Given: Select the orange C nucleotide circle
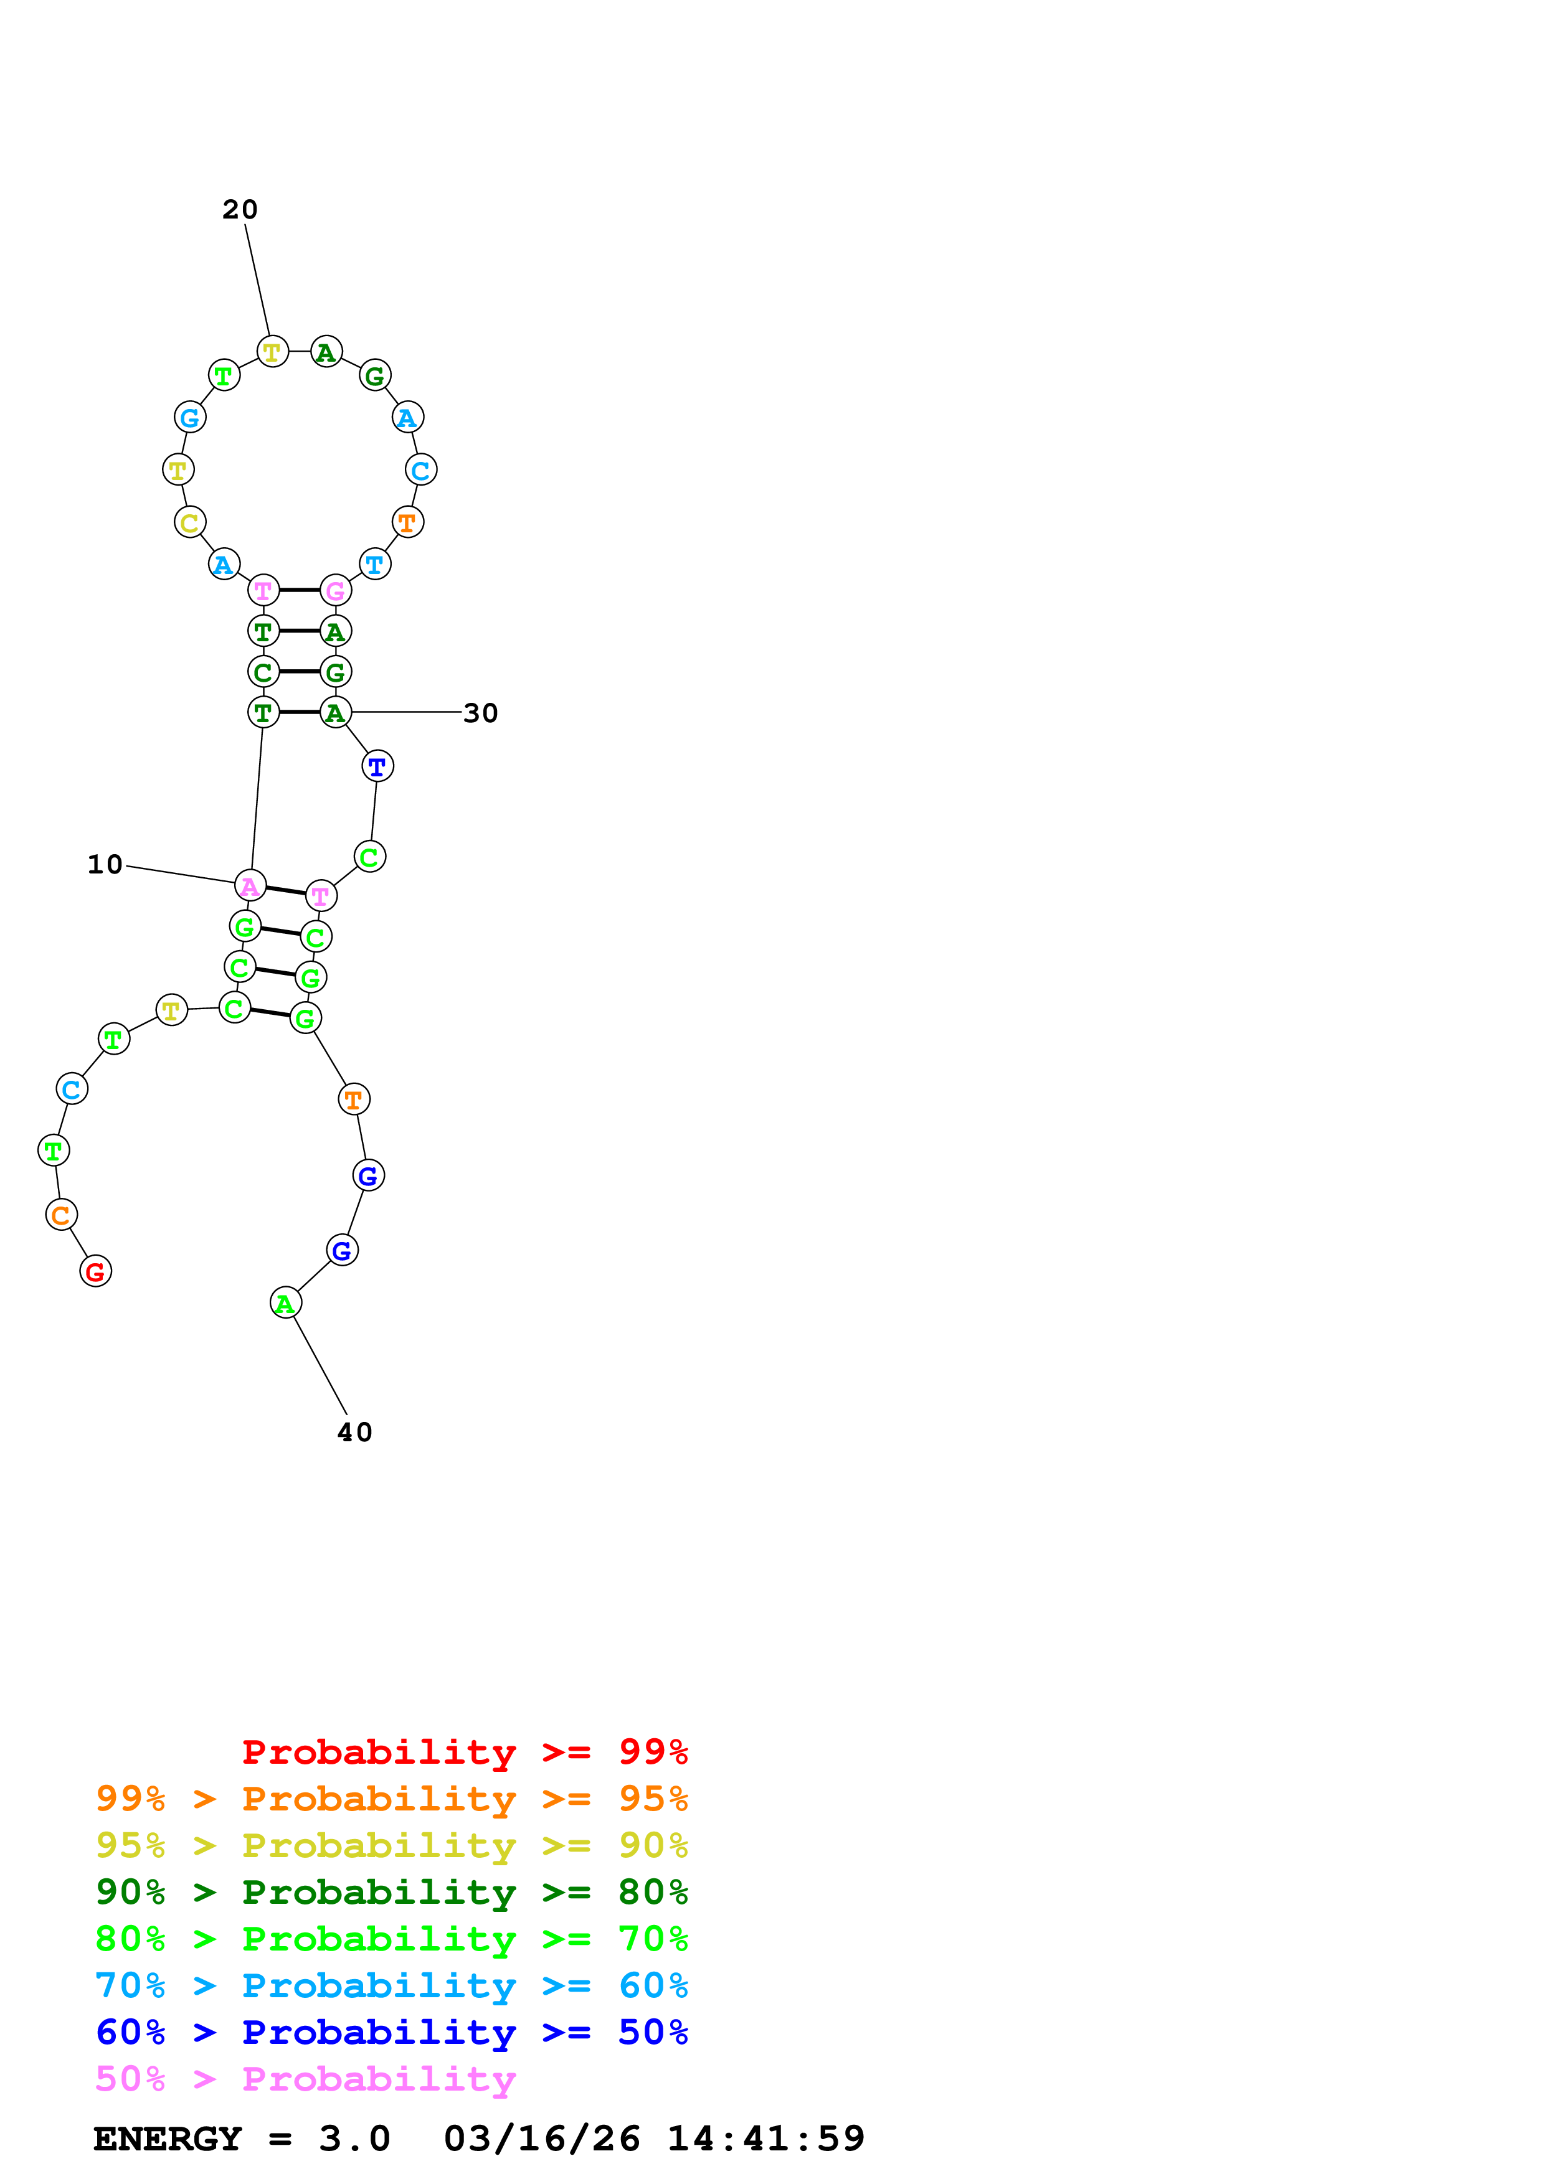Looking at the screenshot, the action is (x=61, y=1215).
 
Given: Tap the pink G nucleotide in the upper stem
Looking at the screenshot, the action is (x=336, y=591).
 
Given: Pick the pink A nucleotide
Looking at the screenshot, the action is (x=250, y=885).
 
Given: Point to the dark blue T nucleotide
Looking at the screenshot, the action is (x=377, y=766).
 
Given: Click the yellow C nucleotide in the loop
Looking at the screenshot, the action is (x=190, y=522).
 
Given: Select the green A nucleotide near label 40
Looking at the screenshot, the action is (x=285, y=1303).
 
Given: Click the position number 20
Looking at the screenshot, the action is (x=240, y=209).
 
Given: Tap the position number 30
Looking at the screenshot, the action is (x=480, y=713).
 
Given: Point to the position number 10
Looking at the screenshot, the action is (x=105, y=865).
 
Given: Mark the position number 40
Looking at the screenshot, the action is (x=355, y=1433).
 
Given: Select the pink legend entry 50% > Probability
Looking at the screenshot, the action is (x=305, y=2079).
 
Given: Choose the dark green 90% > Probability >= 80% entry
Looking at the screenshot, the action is (x=391, y=1893).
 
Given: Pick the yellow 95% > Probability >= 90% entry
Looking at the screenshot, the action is (x=391, y=1847).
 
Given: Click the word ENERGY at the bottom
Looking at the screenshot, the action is (x=168, y=2139).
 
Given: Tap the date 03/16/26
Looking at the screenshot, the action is (x=541, y=2139).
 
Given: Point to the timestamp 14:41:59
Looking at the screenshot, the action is (x=766, y=2139).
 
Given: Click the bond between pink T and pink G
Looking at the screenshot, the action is (x=300, y=591).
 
